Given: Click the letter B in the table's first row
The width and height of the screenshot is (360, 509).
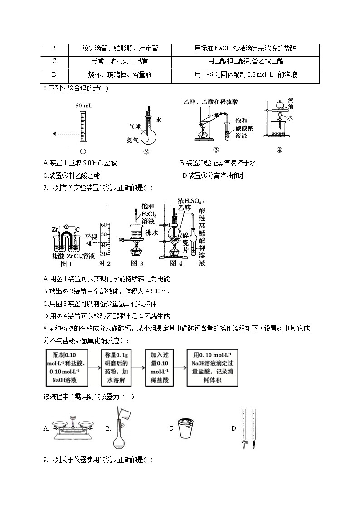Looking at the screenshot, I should point(54,48).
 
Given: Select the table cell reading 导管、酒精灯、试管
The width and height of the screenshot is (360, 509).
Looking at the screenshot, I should point(120,61).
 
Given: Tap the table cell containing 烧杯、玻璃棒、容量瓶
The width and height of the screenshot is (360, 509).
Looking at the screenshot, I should point(120,74).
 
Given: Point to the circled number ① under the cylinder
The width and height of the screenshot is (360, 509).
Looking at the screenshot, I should point(83,152).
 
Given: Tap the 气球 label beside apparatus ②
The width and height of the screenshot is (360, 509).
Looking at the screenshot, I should point(135,128).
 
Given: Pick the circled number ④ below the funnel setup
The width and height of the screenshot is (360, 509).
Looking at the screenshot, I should point(279,150).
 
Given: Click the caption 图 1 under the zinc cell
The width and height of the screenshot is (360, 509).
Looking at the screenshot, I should point(66,263).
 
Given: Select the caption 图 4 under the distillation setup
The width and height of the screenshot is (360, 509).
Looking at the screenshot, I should point(176,263).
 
